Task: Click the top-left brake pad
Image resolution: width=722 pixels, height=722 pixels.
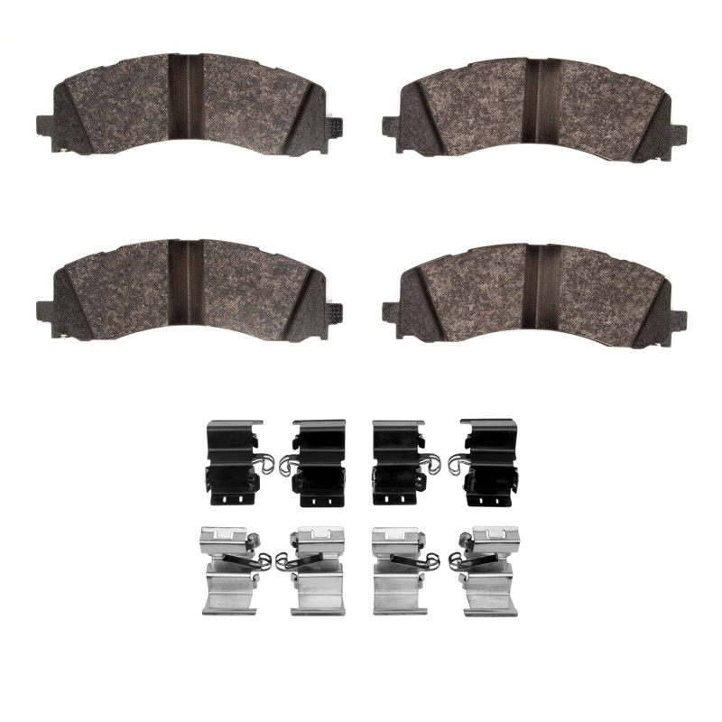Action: click(135, 104)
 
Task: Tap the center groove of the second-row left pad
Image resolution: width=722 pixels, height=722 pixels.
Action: click(188, 284)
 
